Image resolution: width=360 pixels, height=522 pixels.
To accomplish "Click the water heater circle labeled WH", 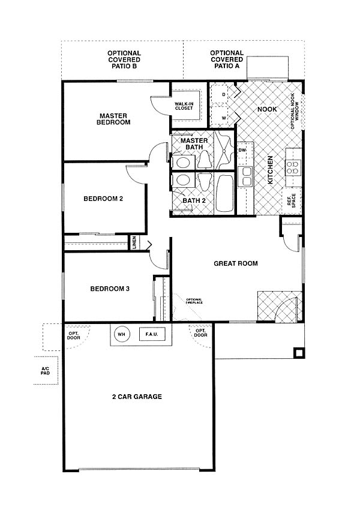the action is [x=122, y=334].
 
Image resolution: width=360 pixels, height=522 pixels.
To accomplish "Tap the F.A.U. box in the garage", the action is [x=152, y=334].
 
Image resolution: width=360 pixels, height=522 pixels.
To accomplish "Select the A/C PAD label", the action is [x=45, y=371].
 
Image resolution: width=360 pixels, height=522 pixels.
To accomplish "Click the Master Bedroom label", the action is [x=113, y=119].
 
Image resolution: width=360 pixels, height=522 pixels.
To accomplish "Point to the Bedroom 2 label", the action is [x=103, y=199].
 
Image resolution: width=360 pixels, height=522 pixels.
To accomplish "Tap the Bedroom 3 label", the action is [x=110, y=289].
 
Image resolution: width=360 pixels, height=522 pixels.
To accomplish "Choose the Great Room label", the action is [x=236, y=263].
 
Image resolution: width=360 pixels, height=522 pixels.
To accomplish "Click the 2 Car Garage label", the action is [x=137, y=397].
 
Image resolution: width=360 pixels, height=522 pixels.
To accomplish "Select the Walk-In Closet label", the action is [x=184, y=106].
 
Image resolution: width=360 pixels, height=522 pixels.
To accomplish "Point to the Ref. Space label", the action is [x=292, y=201].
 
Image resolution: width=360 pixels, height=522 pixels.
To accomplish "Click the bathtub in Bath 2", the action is [x=224, y=193].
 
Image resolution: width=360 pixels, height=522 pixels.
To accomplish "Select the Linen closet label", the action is [x=134, y=242].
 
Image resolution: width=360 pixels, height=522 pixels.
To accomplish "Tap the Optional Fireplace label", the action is [x=194, y=301].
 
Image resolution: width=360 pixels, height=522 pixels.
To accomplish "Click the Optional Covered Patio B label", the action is [x=124, y=59].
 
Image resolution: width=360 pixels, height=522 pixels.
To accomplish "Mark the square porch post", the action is [x=298, y=353].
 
